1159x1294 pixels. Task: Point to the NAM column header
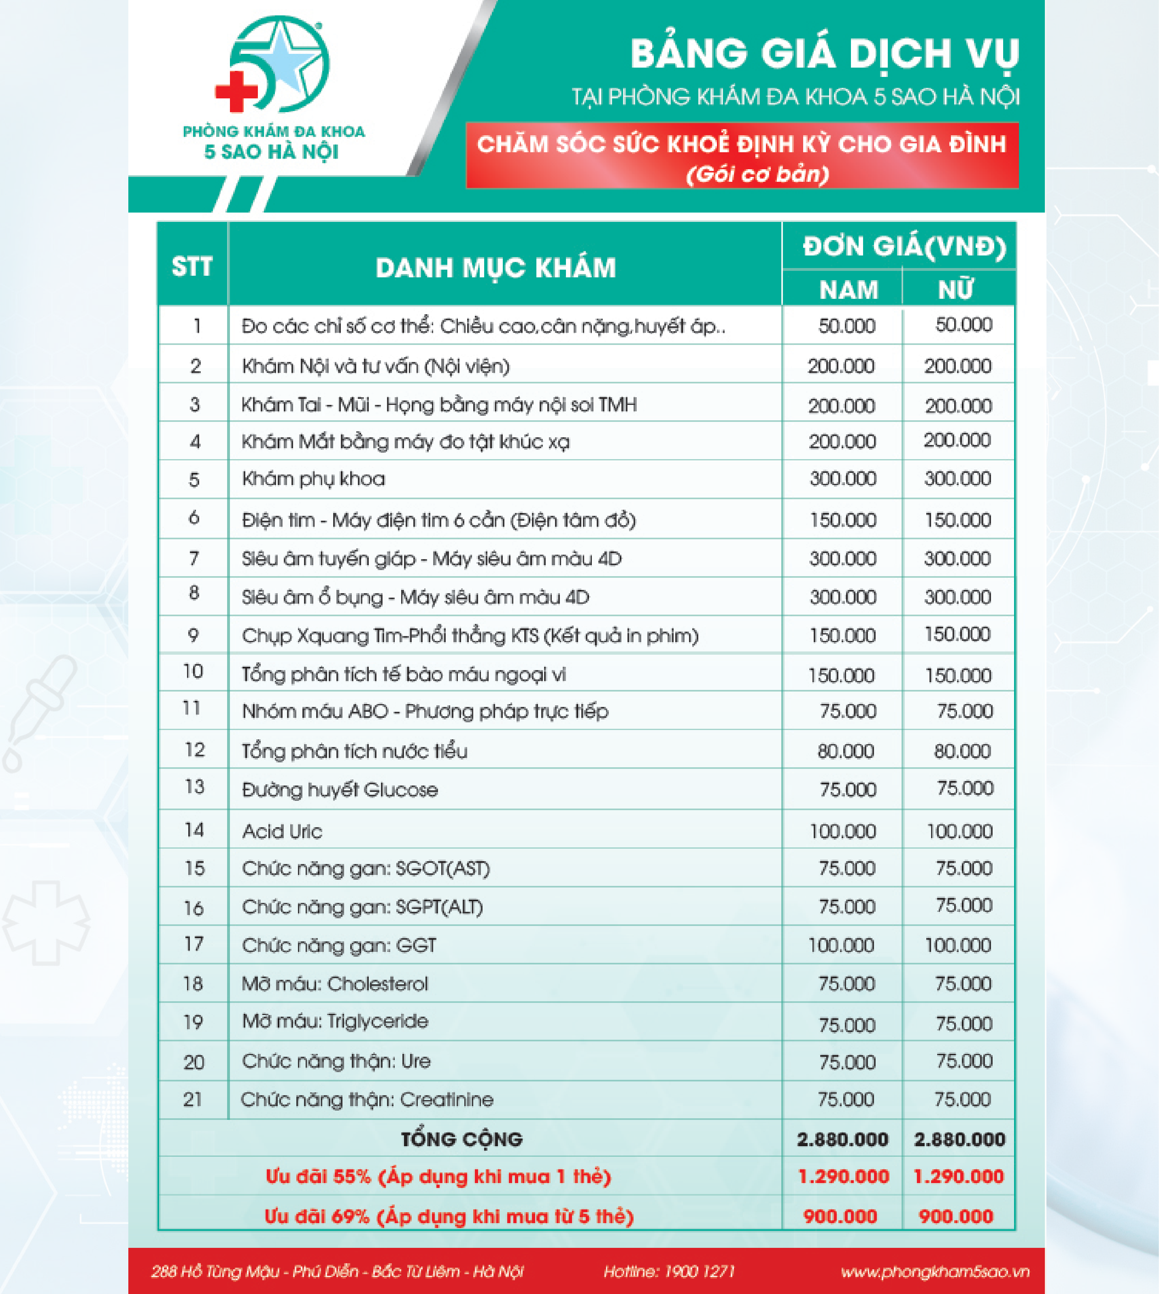coord(848,290)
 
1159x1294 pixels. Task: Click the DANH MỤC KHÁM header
coord(495,268)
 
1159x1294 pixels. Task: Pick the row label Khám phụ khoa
coord(313,479)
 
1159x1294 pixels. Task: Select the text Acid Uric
coord(282,831)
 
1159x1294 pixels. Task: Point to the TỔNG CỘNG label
coord(461,1139)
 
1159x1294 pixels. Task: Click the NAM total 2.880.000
coord(842,1139)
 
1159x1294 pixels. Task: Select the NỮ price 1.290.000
coord(958,1176)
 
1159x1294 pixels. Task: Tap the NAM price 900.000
coord(840,1216)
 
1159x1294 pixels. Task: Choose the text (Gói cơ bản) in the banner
coord(757,174)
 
